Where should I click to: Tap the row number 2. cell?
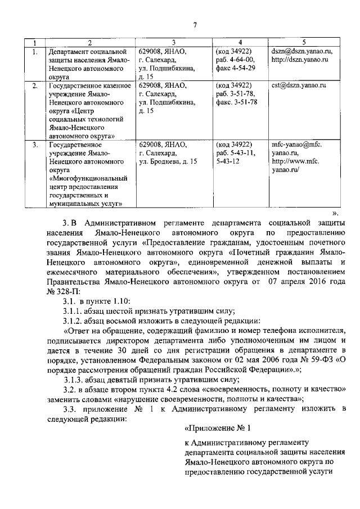click(x=35, y=86)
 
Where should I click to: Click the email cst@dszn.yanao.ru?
click(x=299, y=86)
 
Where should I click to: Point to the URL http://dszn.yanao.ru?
click(x=299, y=60)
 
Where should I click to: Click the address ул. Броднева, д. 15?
click(x=168, y=162)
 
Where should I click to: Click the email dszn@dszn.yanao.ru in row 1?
click(x=301, y=51)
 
